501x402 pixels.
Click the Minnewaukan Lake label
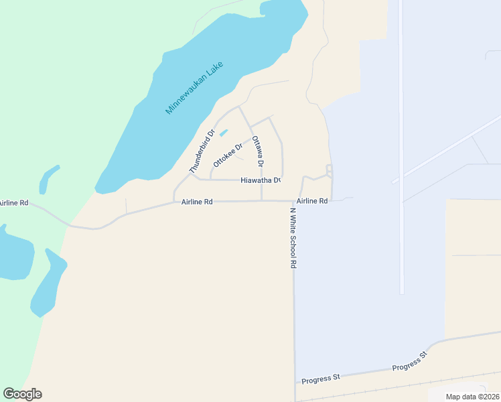coord(194,88)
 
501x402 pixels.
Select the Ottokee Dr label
coord(227,155)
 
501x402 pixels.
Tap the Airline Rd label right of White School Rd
coord(312,201)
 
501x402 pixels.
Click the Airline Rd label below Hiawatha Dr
coord(197,201)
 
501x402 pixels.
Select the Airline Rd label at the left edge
coord(14,202)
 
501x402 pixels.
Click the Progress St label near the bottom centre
coord(321,378)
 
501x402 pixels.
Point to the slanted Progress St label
coord(409,362)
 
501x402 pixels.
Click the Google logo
coord(23,394)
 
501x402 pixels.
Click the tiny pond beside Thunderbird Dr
coord(223,133)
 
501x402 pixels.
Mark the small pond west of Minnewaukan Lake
coord(48,180)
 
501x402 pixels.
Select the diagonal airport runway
coord(449,149)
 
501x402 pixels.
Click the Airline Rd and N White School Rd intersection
coord(293,200)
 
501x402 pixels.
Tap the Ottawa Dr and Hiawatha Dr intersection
coord(261,180)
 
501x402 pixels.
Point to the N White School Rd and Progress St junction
coord(295,383)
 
